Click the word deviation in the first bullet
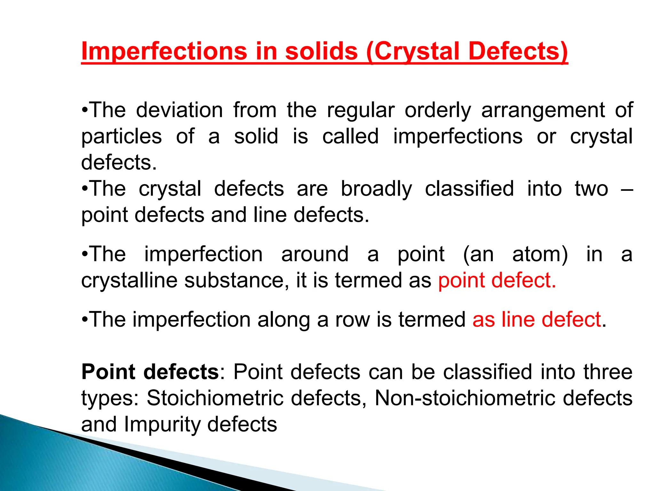[179, 110]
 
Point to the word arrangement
[543, 110]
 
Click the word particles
[122, 136]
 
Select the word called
[350, 136]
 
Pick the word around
[315, 254]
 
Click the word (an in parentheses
[478, 254]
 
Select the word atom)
[540, 254]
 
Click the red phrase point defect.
[497, 280]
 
